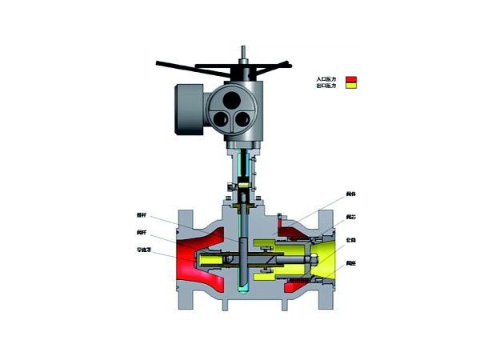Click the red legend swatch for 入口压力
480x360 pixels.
pos(350,79)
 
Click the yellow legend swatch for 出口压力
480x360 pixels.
pos(350,86)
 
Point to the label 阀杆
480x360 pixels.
pos(142,233)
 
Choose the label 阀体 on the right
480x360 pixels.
pos(350,194)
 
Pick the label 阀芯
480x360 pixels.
pos(350,217)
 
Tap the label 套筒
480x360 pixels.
pos(350,240)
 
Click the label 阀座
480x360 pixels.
pos(350,263)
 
